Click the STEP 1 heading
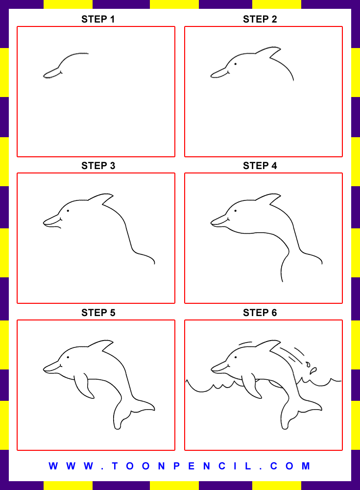(x=98, y=20)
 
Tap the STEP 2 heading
(x=260, y=20)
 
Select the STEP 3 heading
(x=98, y=166)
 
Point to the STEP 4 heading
(x=260, y=166)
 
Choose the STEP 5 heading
(x=98, y=313)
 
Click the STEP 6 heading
(x=260, y=313)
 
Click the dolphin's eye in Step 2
(x=236, y=64)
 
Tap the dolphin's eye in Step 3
(x=68, y=211)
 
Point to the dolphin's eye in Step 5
(x=68, y=358)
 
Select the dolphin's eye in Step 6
(x=236, y=358)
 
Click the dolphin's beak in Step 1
(x=52, y=74)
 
